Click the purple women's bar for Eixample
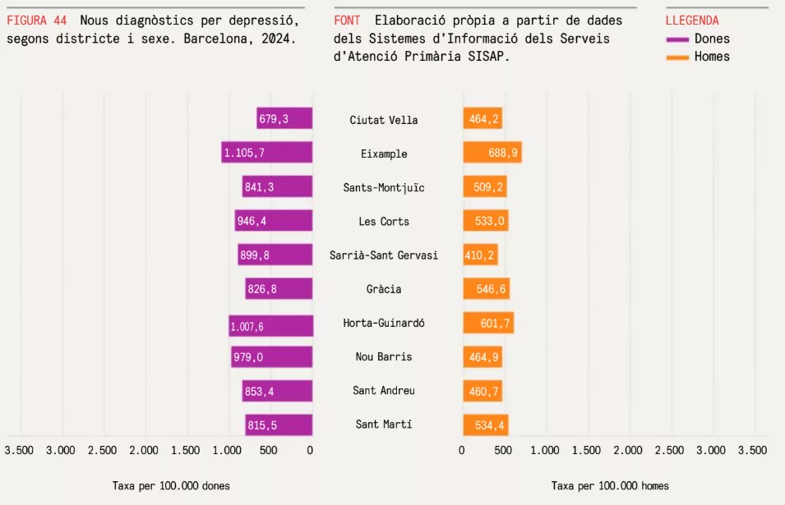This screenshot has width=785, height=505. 267,153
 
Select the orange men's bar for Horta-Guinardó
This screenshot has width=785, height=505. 488,324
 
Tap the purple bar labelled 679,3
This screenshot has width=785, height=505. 284,119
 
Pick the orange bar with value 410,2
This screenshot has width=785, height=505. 480,255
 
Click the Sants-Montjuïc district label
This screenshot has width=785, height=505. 384,188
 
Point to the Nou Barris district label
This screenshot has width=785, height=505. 384,357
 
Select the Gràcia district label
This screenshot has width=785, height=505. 384,289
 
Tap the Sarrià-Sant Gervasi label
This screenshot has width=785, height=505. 384,255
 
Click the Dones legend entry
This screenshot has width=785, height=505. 711,39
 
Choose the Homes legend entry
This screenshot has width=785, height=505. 711,57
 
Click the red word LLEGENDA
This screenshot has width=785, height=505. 692,21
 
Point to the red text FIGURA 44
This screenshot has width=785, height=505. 37,21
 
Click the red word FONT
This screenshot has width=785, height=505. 348,21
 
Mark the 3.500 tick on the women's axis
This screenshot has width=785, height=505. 19,450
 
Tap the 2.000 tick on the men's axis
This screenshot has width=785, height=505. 628,450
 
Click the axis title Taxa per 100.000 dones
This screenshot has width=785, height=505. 171,486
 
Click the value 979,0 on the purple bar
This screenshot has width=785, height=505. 247,357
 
